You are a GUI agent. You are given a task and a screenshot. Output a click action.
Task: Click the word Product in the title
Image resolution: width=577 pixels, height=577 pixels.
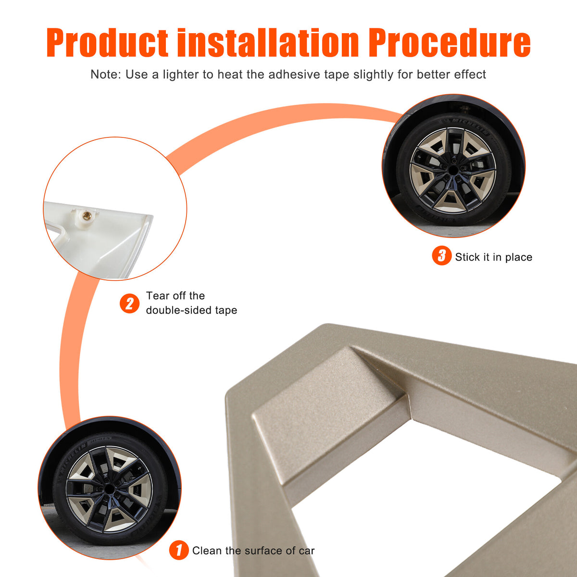(107, 43)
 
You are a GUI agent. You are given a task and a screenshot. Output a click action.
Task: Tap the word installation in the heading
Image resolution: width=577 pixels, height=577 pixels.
(268, 42)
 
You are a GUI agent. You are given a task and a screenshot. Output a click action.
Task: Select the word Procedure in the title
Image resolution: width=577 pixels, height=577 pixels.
(450, 43)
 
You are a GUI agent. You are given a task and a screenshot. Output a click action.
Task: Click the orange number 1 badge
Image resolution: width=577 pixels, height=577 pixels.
(179, 550)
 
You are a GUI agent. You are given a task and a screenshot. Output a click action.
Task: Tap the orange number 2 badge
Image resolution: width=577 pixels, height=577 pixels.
(129, 303)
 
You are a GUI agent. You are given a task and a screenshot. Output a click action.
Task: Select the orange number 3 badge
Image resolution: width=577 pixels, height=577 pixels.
(441, 255)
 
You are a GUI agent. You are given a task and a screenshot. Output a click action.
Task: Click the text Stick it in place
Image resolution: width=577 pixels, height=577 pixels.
(493, 257)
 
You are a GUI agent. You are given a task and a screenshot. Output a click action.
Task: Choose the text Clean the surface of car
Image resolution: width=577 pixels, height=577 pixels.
(253, 551)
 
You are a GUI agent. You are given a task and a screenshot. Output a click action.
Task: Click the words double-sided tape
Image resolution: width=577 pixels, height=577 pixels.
(191, 310)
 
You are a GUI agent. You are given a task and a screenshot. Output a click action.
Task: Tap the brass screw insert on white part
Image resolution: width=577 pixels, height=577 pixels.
(87, 214)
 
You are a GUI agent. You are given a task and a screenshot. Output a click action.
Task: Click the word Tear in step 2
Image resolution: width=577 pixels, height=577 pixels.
(158, 296)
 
